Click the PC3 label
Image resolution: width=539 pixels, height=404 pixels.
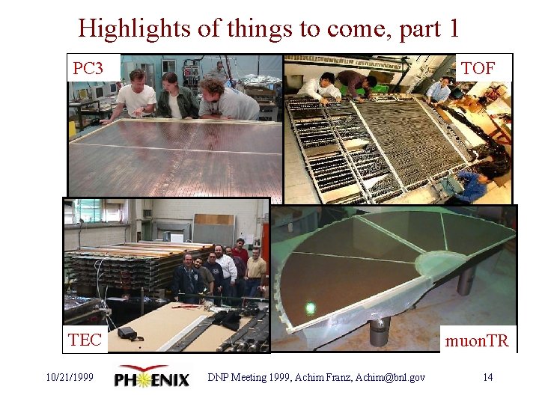tap(88, 69)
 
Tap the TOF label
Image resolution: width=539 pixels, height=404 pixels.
tap(478, 69)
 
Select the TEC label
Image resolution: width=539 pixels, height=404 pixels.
tap(85, 340)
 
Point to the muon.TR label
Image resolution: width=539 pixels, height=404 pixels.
tap(477, 342)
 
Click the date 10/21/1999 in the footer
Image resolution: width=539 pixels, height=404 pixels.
tap(69, 377)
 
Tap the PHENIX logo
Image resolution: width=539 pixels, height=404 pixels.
tap(152, 377)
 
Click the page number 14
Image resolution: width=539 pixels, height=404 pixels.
tap(487, 377)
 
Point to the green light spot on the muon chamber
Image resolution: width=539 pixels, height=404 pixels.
tap(310, 307)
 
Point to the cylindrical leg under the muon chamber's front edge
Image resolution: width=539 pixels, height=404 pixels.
tap(380, 329)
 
